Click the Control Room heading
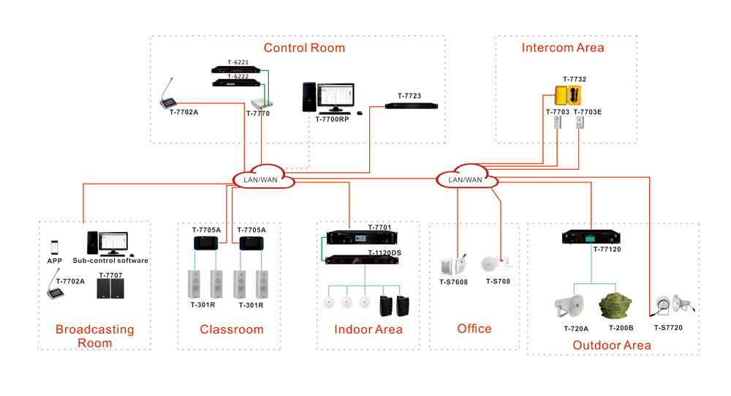(x=304, y=48)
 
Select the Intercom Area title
(x=563, y=48)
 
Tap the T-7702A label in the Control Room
(x=184, y=113)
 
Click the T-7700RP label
(x=333, y=119)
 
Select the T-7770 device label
(x=258, y=113)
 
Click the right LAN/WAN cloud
(x=465, y=179)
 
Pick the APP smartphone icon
(x=55, y=247)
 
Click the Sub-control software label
(x=110, y=261)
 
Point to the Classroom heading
(x=232, y=330)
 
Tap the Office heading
(x=474, y=329)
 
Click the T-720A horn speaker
(x=571, y=305)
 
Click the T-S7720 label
(x=668, y=328)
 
